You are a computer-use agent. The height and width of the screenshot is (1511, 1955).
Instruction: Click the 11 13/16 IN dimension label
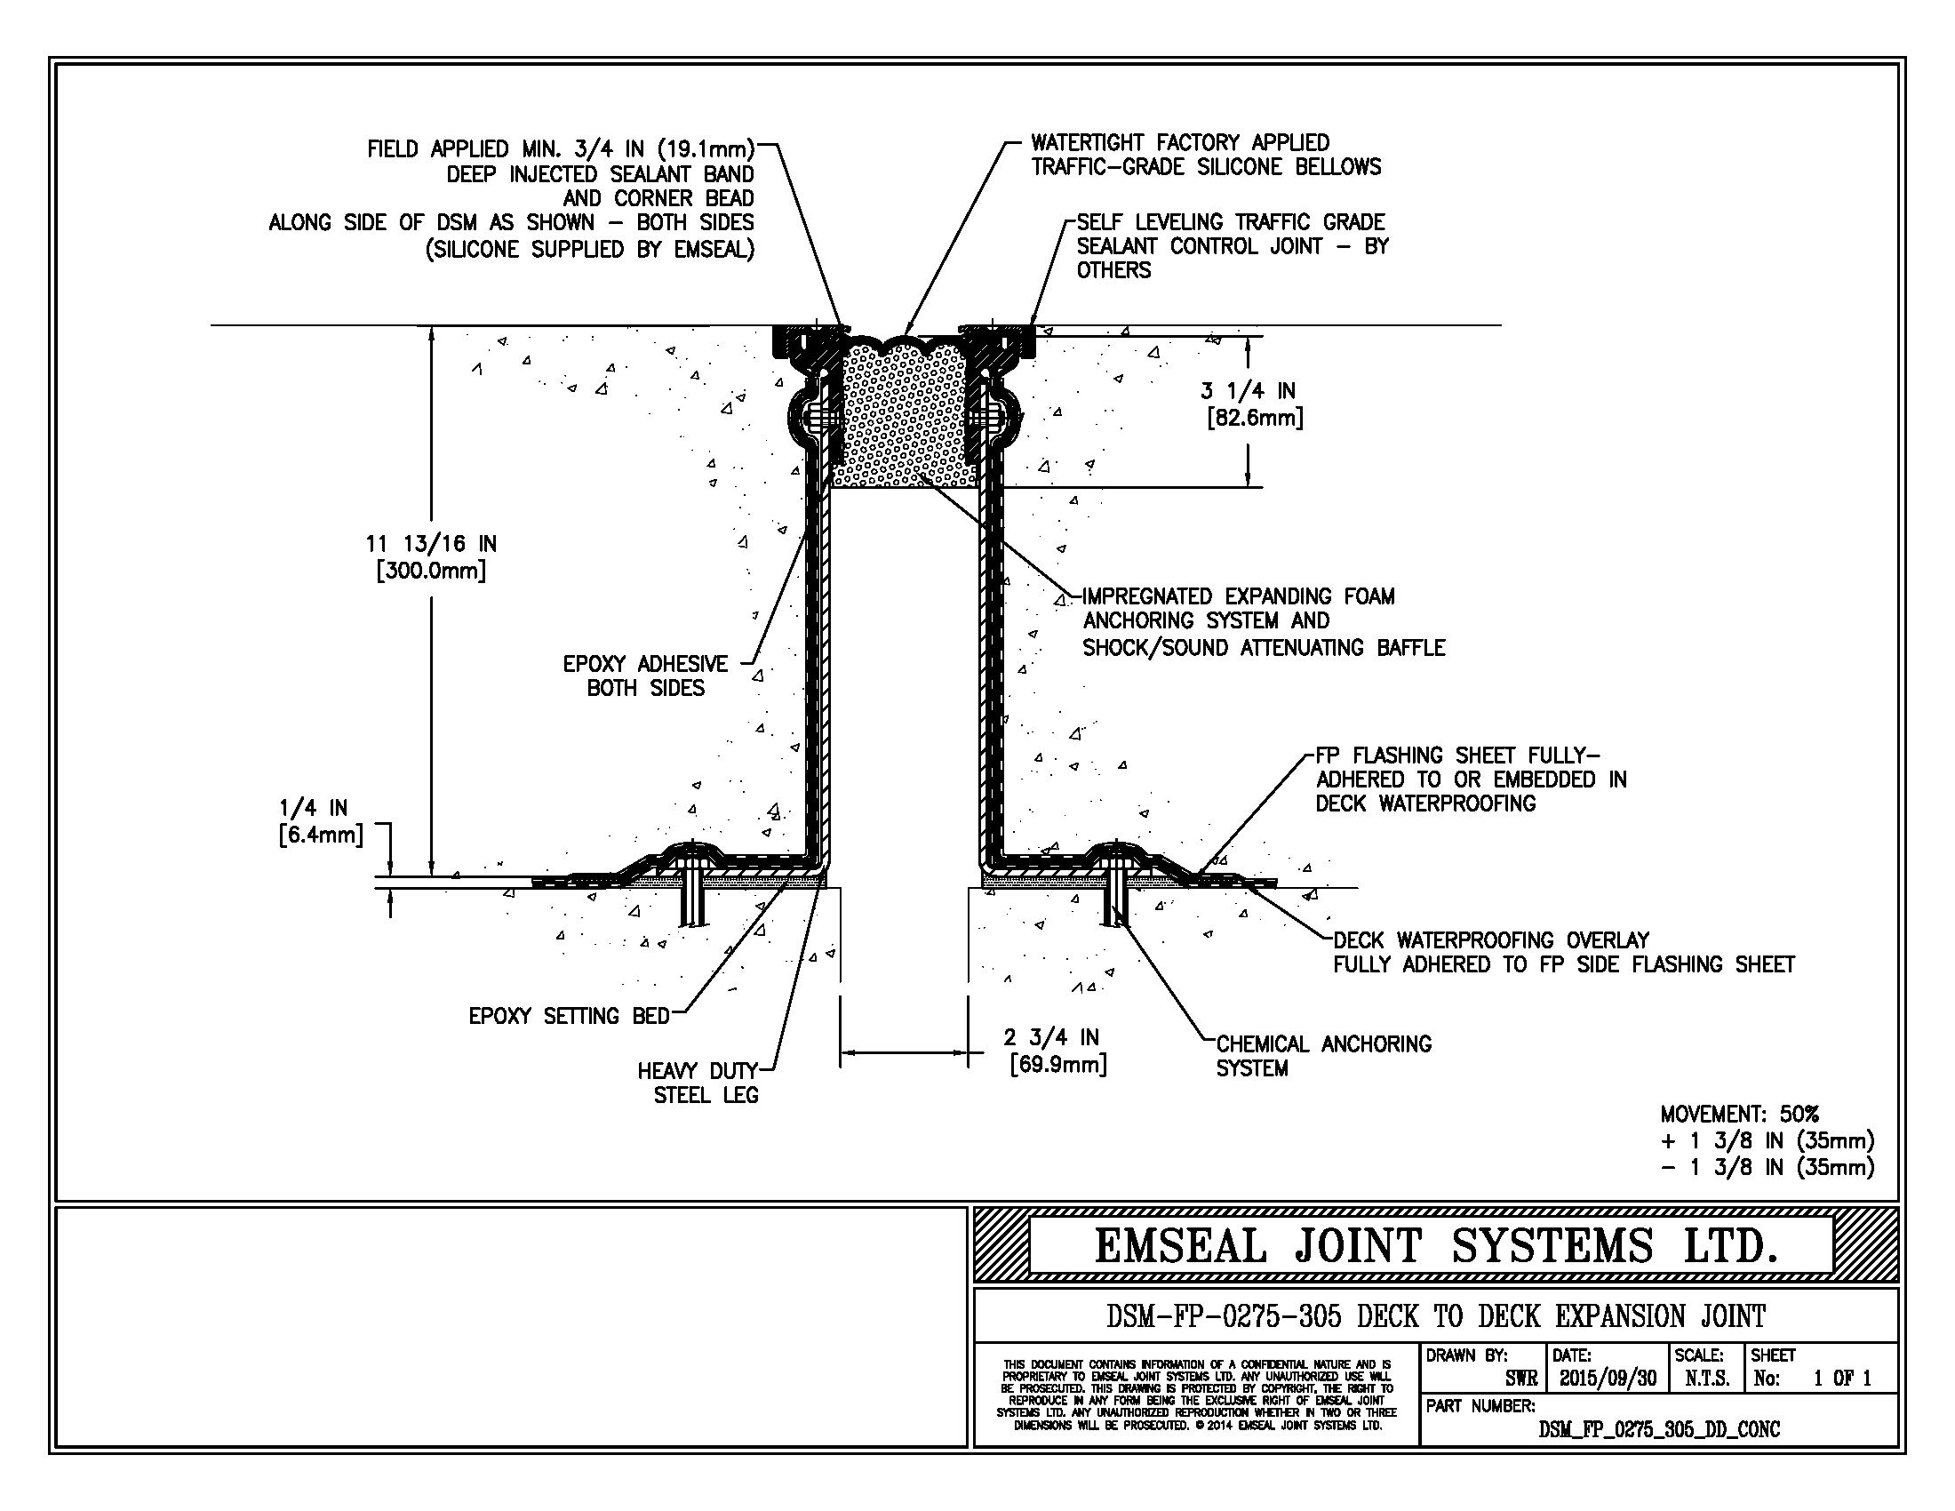tap(431, 544)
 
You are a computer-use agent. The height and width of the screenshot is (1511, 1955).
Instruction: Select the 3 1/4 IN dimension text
tap(1248, 391)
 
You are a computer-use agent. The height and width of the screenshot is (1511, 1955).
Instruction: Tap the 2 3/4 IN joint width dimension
tap(1051, 1038)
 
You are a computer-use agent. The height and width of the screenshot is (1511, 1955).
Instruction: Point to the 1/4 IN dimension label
tap(314, 808)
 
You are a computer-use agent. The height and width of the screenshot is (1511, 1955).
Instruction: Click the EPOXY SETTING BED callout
tap(570, 1016)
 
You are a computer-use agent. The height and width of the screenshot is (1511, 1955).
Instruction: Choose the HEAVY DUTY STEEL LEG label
tap(699, 1083)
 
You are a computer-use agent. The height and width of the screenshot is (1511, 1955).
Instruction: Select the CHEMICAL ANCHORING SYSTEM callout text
tap(1324, 1056)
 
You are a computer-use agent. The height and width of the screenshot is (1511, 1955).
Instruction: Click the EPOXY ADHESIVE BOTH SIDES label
tap(645, 676)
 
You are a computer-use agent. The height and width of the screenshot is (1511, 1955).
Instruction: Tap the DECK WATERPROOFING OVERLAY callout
tap(1564, 953)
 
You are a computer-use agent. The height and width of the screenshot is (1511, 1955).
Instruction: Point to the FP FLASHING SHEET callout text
tap(1471, 779)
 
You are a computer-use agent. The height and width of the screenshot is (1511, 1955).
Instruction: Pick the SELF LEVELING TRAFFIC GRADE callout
tap(1233, 246)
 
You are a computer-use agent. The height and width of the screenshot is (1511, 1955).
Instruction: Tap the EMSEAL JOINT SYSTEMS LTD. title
tap(1435, 1246)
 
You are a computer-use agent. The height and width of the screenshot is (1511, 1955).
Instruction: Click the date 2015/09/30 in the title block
tap(1608, 1379)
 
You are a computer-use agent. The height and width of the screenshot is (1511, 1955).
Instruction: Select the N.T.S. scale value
tap(1707, 1379)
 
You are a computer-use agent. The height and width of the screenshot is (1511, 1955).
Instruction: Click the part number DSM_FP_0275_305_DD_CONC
tap(1659, 1429)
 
